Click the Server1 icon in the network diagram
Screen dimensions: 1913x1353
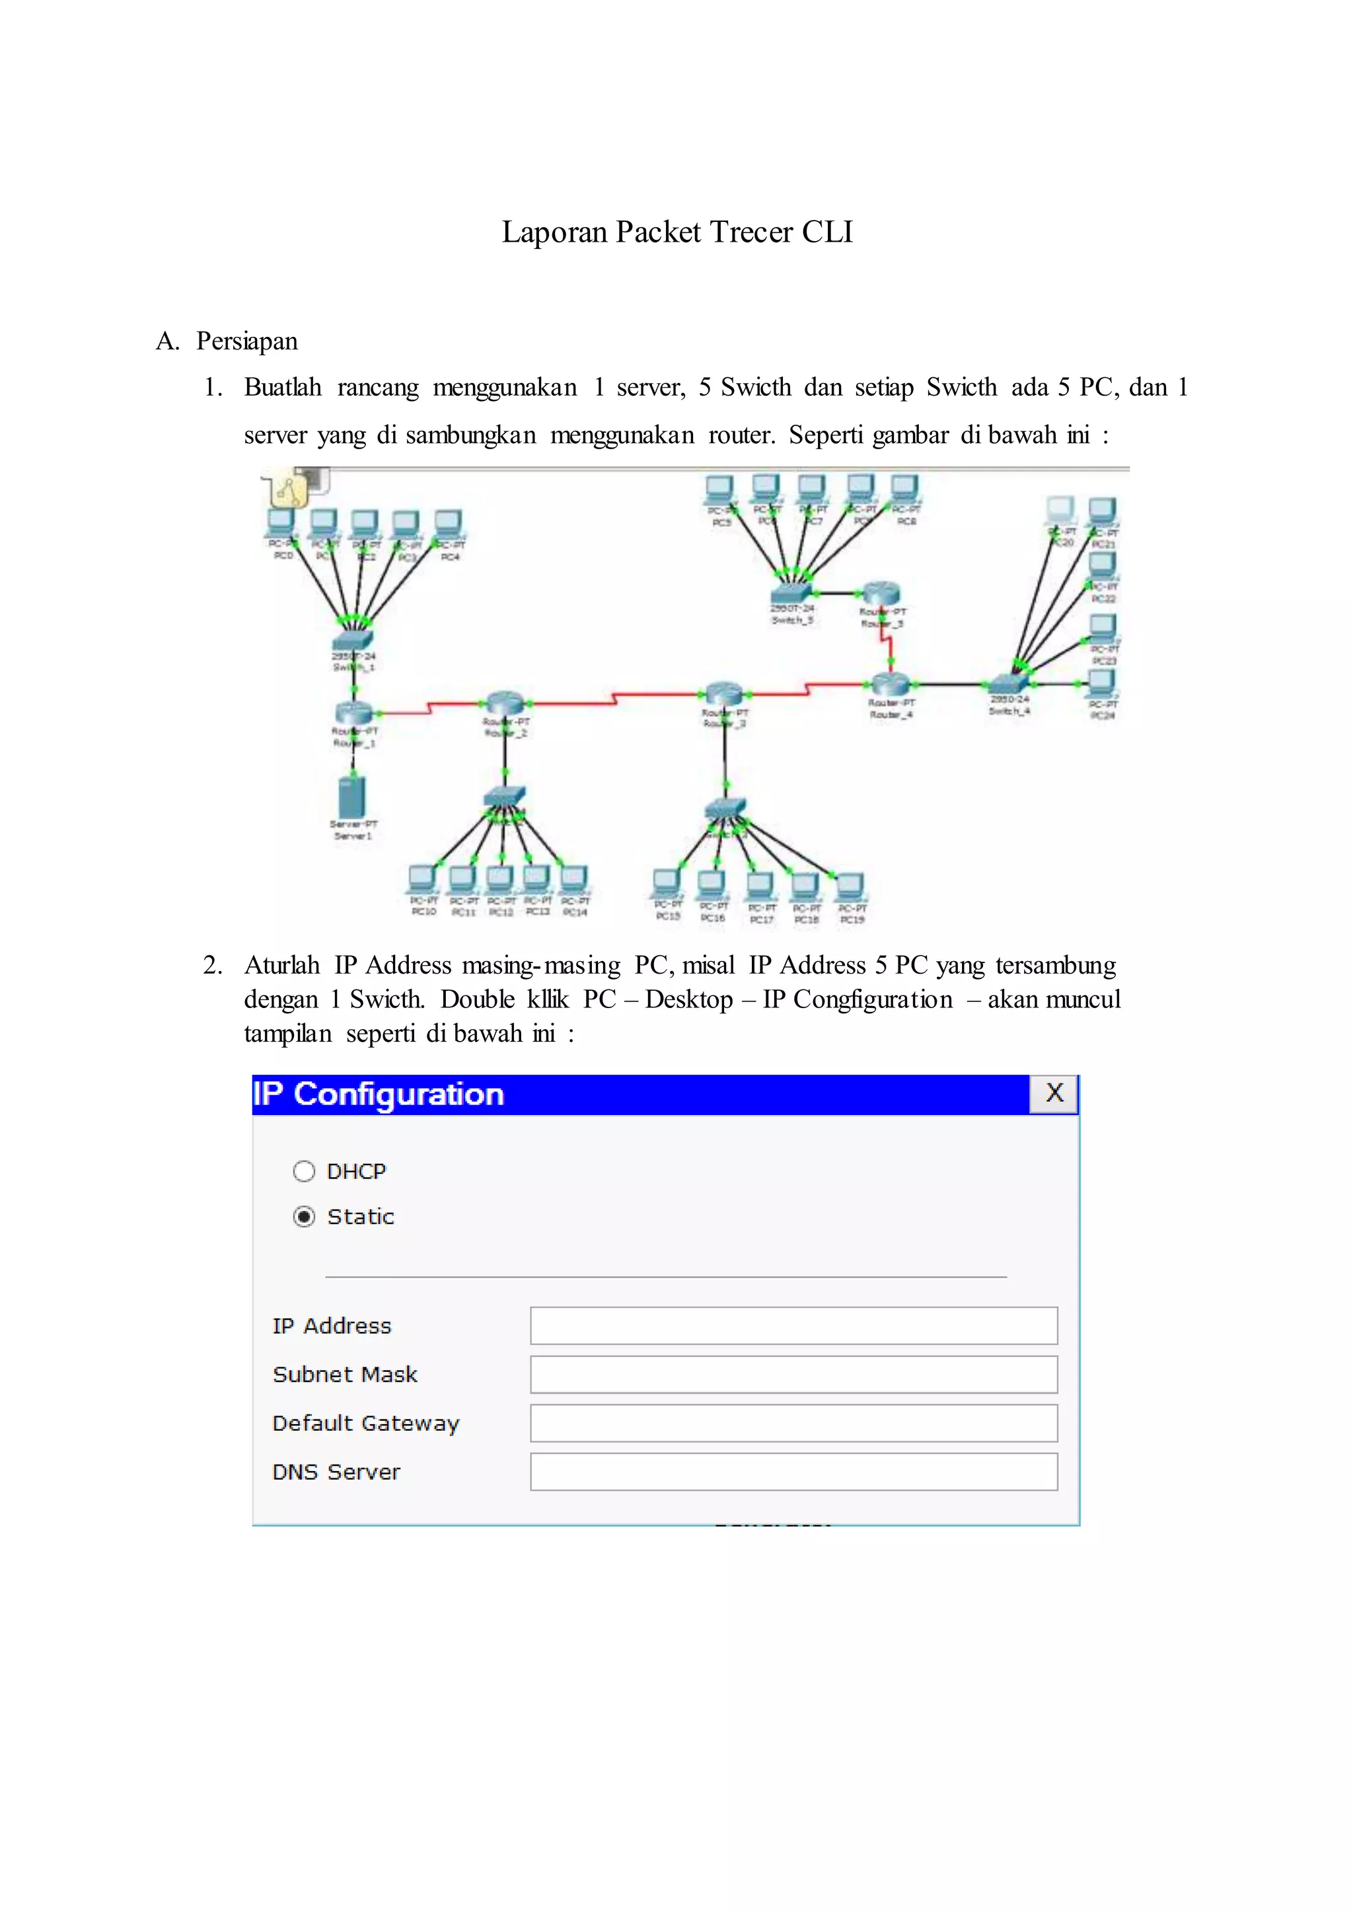[x=352, y=797]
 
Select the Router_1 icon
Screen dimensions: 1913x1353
[x=354, y=712]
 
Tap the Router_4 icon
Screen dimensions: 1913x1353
[x=891, y=685]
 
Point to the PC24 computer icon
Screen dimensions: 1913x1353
[x=1102, y=683]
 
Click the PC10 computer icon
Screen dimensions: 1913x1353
[x=422, y=879]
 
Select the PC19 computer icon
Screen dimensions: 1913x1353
[x=851, y=886]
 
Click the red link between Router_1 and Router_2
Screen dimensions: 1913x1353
[x=429, y=708]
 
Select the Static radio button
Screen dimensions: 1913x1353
[x=304, y=1217]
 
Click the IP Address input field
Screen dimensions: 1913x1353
[x=793, y=1326]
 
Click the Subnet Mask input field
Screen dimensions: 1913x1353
[x=793, y=1374]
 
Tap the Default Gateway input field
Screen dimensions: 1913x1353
[x=793, y=1423]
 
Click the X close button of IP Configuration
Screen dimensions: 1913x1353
[x=1054, y=1093]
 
